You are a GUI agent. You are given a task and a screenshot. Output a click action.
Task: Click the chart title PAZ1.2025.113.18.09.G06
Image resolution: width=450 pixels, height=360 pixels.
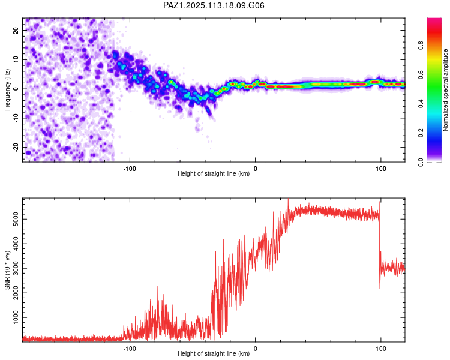coord(214,5)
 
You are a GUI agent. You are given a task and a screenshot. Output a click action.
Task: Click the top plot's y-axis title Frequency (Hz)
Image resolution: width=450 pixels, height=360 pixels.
coord(7,90)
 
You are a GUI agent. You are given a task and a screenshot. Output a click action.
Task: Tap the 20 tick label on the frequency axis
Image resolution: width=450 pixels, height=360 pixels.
coord(16,30)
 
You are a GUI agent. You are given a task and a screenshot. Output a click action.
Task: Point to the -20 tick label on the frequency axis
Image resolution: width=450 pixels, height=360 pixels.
coord(16,147)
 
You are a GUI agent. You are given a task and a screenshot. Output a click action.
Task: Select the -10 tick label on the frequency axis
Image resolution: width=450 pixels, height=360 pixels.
coord(16,118)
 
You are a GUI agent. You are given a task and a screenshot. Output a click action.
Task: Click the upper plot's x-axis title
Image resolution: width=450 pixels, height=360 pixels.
coord(214,173)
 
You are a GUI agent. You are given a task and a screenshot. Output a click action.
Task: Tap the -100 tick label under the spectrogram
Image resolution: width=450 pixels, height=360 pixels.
coord(130,169)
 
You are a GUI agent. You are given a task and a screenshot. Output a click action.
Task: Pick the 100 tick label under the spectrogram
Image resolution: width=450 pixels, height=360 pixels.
coord(381,169)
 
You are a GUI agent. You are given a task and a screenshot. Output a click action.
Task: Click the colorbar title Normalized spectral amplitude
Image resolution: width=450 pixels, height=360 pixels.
coord(445,90)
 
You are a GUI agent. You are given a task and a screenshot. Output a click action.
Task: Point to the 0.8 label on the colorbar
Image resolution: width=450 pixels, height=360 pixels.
coord(421,46)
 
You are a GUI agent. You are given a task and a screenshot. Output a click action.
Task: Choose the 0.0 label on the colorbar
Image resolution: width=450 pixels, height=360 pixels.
coord(421,163)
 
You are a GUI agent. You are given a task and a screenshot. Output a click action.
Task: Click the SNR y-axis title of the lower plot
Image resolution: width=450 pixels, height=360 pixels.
coord(7,270)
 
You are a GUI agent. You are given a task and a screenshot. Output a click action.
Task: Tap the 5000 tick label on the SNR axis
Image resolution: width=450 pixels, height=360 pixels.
coord(16,220)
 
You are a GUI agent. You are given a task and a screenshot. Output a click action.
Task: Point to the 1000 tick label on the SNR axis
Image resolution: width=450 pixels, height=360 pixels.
coord(16,317)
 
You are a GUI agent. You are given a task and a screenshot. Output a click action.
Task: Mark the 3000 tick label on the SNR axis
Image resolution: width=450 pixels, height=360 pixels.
coord(16,268)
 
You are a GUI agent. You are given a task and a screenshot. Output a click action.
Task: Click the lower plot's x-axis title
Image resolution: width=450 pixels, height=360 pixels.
coord(214,353)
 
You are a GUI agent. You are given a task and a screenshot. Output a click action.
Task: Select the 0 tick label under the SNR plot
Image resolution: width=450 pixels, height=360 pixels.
coord(255,349)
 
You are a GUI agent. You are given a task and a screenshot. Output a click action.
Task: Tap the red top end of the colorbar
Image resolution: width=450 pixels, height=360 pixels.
coord(434,19)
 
